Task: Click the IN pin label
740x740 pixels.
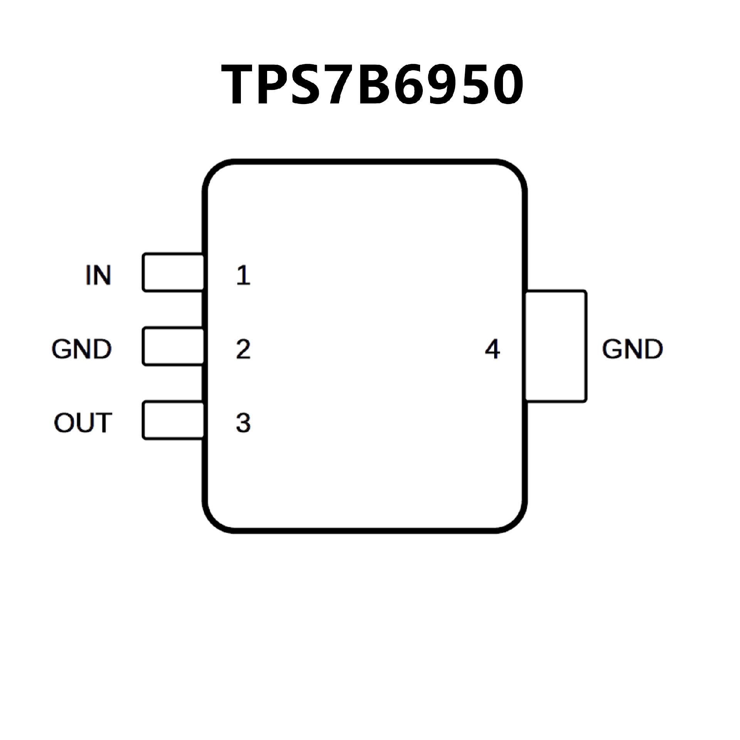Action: point(98,275)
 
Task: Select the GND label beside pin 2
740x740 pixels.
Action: point(81,349)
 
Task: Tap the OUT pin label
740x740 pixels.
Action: point(83,423)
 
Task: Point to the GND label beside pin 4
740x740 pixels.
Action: point(632,349)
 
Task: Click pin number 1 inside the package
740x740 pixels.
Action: point(243,275)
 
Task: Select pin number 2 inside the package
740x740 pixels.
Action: point(243,349)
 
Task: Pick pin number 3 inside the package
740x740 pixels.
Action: point(243,423)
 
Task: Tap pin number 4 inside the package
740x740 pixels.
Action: point(492,349)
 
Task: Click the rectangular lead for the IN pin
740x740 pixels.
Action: point(173,272)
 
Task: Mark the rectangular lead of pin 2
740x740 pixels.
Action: point(173,346)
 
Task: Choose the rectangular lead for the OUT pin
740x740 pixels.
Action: point(173,420)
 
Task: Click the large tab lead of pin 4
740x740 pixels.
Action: point(557,346)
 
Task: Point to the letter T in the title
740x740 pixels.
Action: point(239,84)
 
